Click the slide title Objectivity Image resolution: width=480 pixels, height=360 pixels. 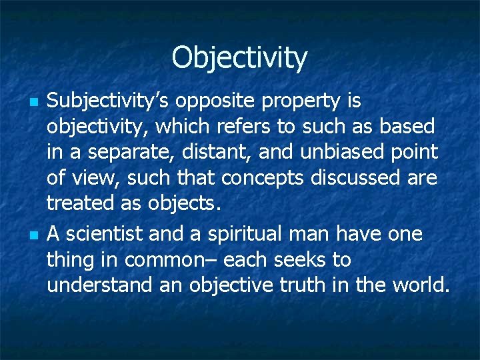click(x=239, y=57)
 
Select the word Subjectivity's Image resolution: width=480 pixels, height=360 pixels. click(x=109, y=101)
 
